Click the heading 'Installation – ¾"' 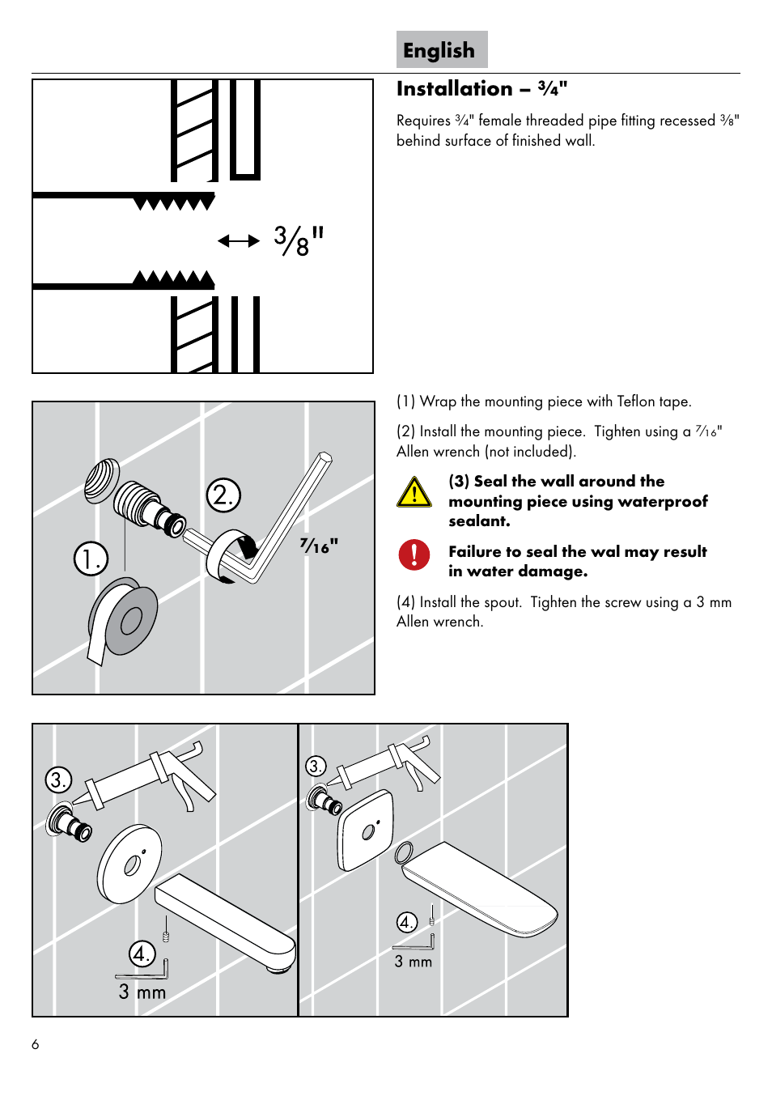coord(481,89)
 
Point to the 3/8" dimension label coord(298,240)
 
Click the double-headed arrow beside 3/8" coord(239,240)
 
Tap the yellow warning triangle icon coord(414,492)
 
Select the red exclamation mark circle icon coord(414,554)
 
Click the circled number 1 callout coord(91,559)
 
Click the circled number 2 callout coord(223,495)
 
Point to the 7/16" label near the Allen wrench coord(319,546)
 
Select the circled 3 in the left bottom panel coord(58,780)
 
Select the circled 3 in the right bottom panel coord(316,766)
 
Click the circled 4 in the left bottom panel coord(142,953)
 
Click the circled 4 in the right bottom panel coord(406,922)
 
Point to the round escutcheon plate coord(129,864)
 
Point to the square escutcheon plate coord(366,830)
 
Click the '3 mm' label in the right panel coord(414,962)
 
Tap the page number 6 coord(36,1044)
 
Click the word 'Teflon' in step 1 coord(636,401)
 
